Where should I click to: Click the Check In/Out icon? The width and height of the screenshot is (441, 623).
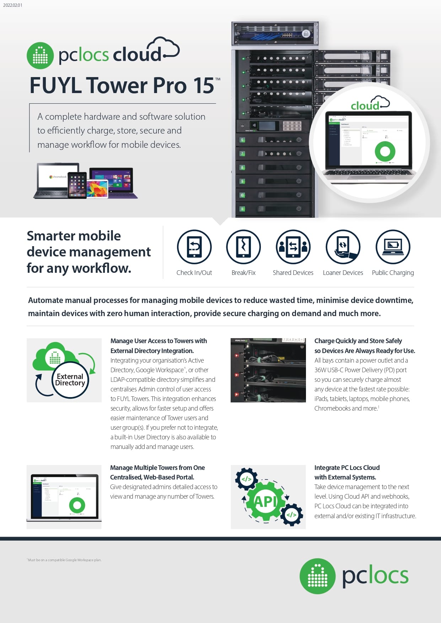194,247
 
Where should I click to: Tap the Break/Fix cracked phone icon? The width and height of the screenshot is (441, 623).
243,247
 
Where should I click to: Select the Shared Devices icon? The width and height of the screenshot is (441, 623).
293,247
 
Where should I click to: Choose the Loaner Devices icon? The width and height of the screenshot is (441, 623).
343,247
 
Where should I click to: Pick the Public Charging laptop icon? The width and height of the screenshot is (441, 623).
393,247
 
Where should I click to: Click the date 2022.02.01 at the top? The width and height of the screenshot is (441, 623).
12,5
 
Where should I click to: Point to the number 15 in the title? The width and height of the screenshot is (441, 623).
203,86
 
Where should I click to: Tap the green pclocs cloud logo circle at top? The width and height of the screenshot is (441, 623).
40,55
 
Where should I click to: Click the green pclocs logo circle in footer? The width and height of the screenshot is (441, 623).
317,576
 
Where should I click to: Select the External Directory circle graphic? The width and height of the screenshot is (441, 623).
70,380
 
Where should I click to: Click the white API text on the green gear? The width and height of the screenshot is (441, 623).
265,502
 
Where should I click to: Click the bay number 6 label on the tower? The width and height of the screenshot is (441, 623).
242,140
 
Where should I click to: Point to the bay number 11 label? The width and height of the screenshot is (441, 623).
242,209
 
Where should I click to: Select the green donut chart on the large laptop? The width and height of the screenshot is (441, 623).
385,151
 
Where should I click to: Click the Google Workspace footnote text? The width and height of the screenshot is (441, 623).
64,560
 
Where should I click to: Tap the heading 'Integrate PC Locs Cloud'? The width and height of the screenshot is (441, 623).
347,467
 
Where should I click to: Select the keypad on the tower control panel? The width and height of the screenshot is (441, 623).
292,125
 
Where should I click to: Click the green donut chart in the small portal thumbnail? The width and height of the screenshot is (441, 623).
77,505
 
